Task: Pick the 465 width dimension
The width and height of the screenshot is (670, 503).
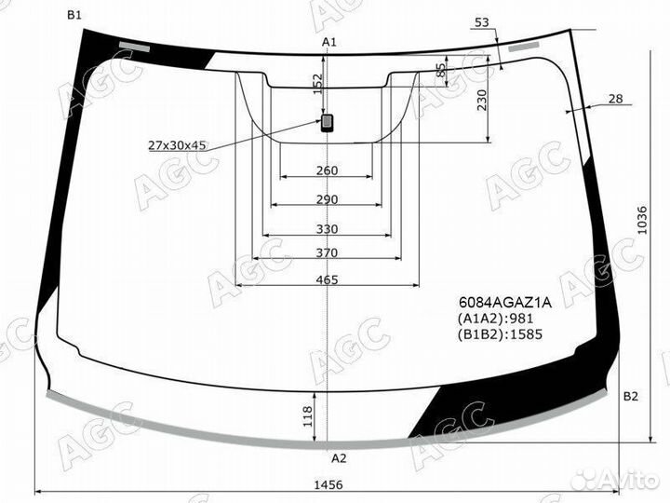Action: click(326, 279)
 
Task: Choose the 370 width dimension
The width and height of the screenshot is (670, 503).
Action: click(326, 253)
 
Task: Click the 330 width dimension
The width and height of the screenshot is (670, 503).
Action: click(326, 229)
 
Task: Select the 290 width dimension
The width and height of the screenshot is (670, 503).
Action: click(326, 200)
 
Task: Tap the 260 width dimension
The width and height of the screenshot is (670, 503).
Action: click(326, 170)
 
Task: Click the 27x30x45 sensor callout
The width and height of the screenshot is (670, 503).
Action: click(178, 145)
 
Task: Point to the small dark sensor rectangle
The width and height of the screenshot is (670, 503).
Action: click(328, 122)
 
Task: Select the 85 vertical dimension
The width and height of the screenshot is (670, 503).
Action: click(441, 71)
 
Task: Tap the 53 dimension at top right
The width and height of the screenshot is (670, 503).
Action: click(480, 22)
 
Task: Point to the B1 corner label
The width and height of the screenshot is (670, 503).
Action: click(74, 15)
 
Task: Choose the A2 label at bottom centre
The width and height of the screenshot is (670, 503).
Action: click(339, 457)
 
